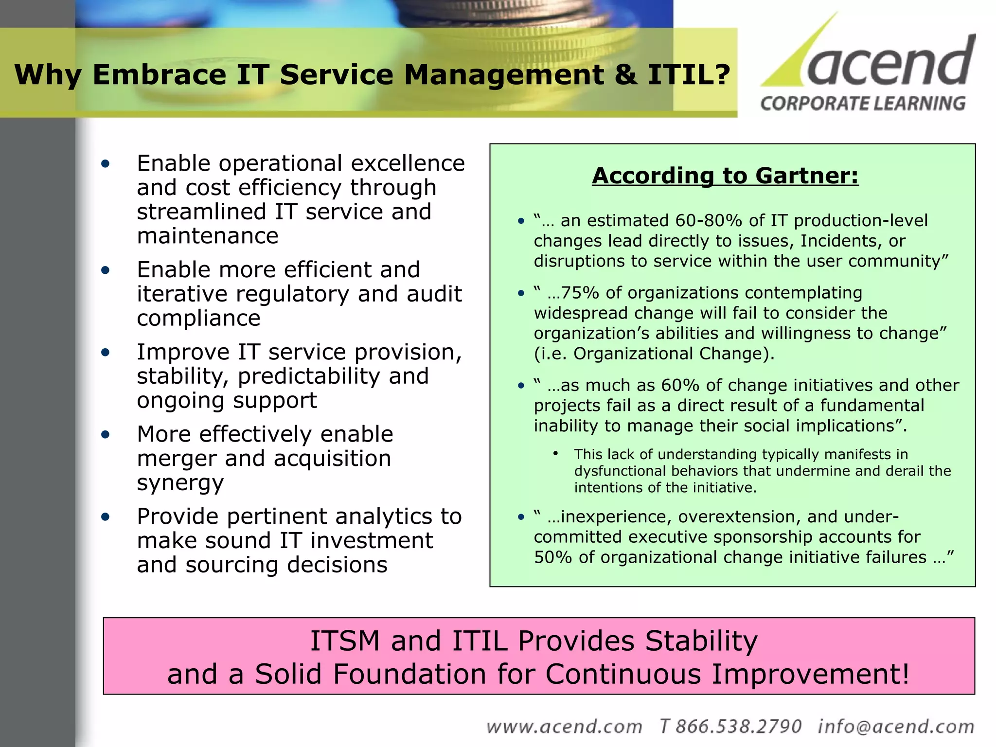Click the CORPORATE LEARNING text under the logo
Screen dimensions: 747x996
863,104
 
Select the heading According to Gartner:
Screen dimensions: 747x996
725,176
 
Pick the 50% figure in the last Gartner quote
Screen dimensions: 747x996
552,557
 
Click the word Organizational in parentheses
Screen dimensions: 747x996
634,354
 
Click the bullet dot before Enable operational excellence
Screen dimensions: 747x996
106,164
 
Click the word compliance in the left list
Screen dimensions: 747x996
198,318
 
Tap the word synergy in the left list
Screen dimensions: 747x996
180,482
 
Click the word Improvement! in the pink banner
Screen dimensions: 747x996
810,674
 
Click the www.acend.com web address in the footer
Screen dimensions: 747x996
564,727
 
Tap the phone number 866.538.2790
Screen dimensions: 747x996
738,727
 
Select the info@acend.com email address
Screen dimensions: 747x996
896,727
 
